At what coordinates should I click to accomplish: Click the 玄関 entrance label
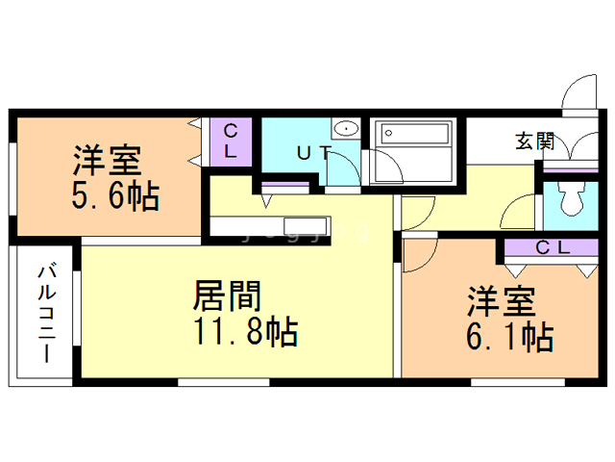point(534,141)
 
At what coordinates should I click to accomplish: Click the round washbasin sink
point(344,130)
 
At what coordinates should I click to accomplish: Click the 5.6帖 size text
point(114,197)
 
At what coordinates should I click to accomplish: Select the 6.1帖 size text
point(509,337)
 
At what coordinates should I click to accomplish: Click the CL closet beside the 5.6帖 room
point(231,141)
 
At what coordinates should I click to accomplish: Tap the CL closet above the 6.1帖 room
point(553,248)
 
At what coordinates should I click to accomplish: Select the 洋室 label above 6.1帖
point(501,301)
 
